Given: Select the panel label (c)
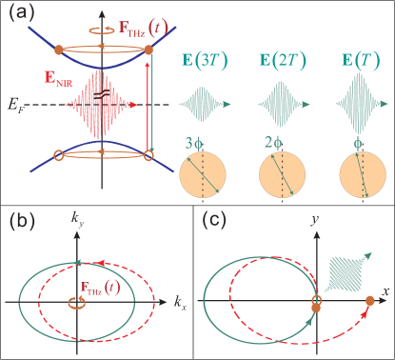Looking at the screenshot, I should tap(215, 221).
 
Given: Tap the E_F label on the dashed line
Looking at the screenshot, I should tap(12, 98).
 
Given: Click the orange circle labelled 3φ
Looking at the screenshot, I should tap(206, 174).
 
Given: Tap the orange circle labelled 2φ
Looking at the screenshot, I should tap(284, 174).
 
